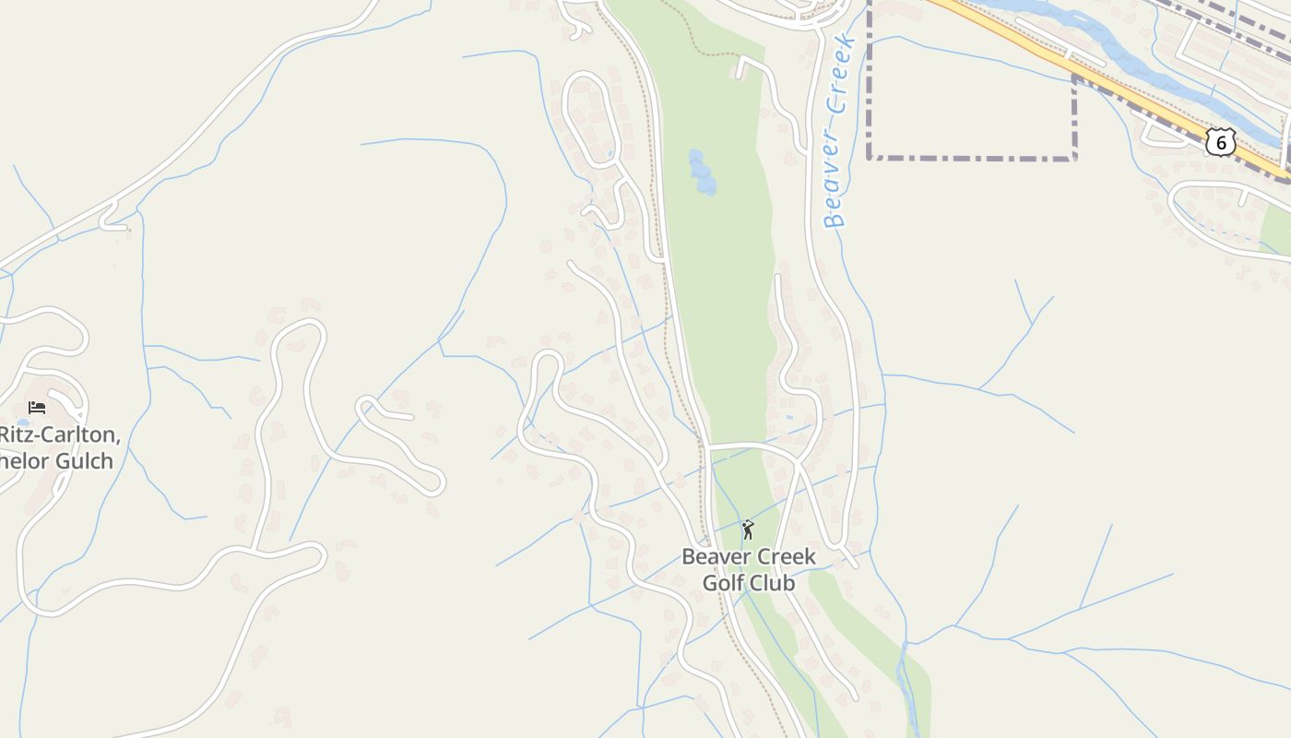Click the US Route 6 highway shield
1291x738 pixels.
1220,142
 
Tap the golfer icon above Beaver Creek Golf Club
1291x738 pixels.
747,530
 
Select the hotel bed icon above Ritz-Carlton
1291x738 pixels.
37,407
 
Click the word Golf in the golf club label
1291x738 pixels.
722,583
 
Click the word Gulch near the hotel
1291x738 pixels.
84,460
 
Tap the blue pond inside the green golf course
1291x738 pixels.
702,173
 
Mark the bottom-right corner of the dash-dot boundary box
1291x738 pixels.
1075,159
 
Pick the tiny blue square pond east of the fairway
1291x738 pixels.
789,417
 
